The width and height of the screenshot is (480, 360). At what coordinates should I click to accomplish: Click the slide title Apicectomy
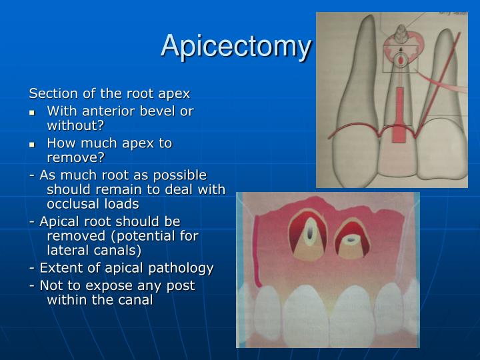(x=236, y=46)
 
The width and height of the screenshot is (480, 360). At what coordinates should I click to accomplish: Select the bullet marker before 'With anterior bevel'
(x=31, y=112)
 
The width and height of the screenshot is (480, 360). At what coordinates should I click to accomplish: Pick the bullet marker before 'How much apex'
(x=31, y=144)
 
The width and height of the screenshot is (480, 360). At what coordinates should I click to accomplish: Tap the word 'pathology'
(x=180, y=268)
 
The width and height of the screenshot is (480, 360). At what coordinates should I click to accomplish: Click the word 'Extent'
(x=59, y=268)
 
